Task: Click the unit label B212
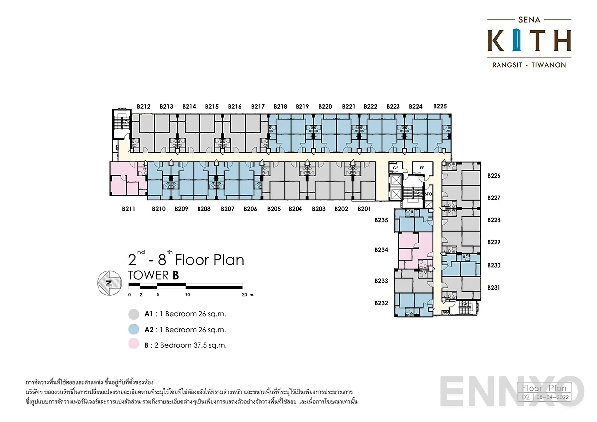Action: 143,106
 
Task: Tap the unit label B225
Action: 440,106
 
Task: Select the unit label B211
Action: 129,209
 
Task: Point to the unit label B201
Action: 364,209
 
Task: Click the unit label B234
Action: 381,250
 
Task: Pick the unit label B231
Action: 494,288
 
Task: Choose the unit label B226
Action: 494,176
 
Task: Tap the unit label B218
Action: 280,106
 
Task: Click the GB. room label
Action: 396,169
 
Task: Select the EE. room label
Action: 422,169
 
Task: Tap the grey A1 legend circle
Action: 133,314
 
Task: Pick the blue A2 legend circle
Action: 133,330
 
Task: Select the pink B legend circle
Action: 133,345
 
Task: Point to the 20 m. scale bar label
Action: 247,295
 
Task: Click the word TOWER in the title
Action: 149,275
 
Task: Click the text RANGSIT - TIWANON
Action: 528,65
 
